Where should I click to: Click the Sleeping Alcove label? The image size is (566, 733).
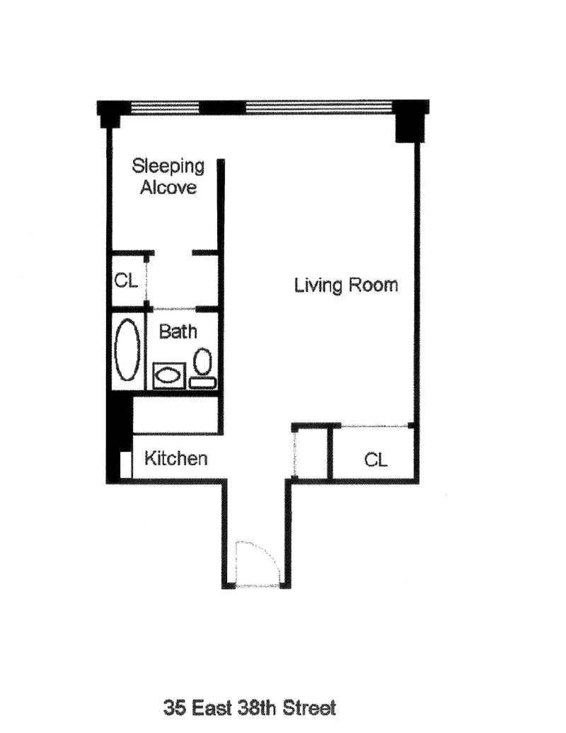click(x=168, y=176)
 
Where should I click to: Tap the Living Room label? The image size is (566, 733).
click(x=346, y=285)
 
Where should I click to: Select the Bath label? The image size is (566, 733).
click(x=178, y=331)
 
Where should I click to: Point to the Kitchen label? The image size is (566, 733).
click(x=176, y=458)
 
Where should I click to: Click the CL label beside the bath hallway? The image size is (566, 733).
click(x=126, y=280)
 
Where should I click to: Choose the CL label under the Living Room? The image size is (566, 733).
click(x=376, y=460)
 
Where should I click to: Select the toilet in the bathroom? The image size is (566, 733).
click(x=204, y=365)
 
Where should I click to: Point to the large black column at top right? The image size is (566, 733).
click(x=408, y=122)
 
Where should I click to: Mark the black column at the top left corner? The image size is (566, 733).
click(x=112, y=113)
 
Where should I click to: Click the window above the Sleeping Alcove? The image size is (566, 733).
click(x=166, y=108)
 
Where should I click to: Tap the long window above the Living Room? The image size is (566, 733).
click(x=318, y=108)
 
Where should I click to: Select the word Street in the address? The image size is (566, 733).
click(x=310, y=707)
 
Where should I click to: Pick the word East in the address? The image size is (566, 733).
click(x=209, y=707)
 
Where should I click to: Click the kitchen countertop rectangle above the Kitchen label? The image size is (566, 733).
click(x=175, y=414)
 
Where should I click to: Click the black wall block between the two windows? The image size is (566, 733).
click(x=223, y=108)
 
